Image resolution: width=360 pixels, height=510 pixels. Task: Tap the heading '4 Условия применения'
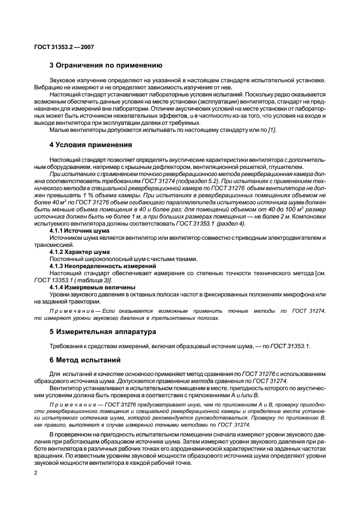tap(90, 145)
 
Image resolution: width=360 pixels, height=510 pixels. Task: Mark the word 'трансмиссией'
tap(51, 245)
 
